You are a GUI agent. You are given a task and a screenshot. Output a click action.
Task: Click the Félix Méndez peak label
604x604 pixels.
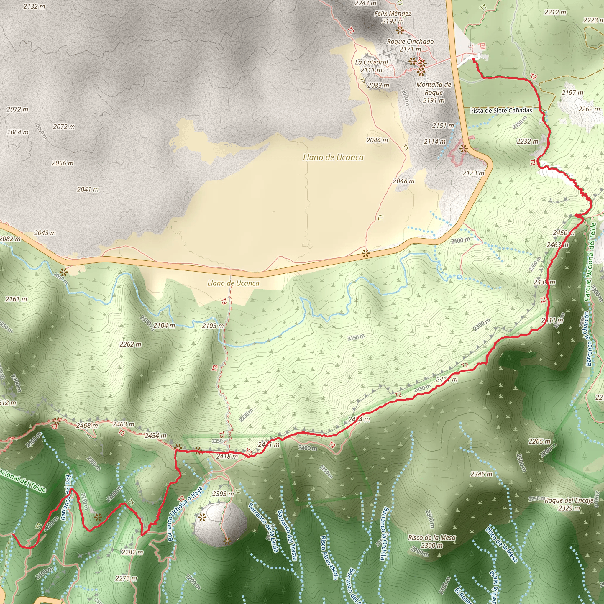point(393,14)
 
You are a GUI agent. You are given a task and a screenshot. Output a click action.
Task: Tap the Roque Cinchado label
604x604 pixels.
point(410,42)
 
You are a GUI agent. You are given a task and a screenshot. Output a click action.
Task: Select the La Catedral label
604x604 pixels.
point(371,62)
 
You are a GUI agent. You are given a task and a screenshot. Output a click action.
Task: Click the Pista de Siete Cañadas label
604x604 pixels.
point(501,110)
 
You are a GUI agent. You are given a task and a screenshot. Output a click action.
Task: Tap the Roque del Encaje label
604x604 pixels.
point(569,500)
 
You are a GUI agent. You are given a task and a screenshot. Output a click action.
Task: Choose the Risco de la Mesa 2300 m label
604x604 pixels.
point(432,541)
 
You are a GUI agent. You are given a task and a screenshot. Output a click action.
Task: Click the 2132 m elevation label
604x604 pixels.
point(34,6)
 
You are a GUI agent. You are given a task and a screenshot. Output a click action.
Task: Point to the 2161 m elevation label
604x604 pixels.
point(16,299)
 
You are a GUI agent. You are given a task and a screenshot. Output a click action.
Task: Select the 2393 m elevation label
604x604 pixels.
point(223,494)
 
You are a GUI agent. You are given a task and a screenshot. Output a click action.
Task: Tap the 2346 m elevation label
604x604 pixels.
point(481,474)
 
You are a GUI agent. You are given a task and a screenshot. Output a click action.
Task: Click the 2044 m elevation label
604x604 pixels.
point(377,140)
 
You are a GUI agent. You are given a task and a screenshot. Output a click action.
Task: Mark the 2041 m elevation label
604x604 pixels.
point(88,189)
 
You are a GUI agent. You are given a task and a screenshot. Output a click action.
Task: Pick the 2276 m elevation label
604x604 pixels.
point(126,578)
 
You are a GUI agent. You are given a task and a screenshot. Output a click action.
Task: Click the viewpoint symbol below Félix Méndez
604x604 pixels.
point(400,31)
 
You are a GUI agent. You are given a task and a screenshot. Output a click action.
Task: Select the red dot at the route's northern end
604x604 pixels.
point(473,59)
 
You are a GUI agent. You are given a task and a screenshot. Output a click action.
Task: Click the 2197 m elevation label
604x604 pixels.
point(572,93)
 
